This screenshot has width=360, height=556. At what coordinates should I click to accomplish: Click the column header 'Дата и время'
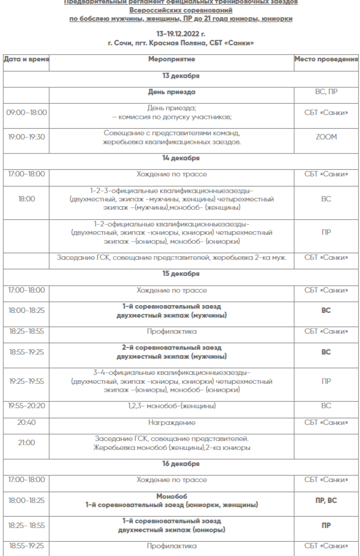point(26,59)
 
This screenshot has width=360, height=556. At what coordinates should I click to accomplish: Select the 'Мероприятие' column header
point(171,59)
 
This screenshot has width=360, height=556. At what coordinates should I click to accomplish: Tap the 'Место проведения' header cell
point(326,59)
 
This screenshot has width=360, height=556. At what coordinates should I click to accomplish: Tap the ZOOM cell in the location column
point(326,137)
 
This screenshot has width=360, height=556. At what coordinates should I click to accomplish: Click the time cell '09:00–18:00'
point(26,112)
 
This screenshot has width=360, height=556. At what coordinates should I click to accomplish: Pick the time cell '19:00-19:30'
point(26,137)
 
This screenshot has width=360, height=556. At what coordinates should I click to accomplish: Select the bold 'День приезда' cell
point(171,92)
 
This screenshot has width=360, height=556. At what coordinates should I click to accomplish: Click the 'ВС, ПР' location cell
point(326,92)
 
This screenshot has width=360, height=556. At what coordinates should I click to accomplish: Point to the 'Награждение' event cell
point(171,423)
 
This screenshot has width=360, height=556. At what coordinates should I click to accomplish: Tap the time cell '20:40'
point(26,423)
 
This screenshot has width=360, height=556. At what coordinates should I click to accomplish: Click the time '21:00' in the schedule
point(26,443)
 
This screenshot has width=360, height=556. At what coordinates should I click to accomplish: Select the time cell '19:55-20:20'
point(26,406)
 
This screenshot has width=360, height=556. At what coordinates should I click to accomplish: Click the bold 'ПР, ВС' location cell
point(326,500)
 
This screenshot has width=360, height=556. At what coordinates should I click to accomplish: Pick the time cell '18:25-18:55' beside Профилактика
point(26,331)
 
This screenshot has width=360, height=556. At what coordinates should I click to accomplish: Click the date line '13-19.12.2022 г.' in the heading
point(180,35)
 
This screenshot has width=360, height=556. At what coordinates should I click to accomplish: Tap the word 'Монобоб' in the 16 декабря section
point(171,496)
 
